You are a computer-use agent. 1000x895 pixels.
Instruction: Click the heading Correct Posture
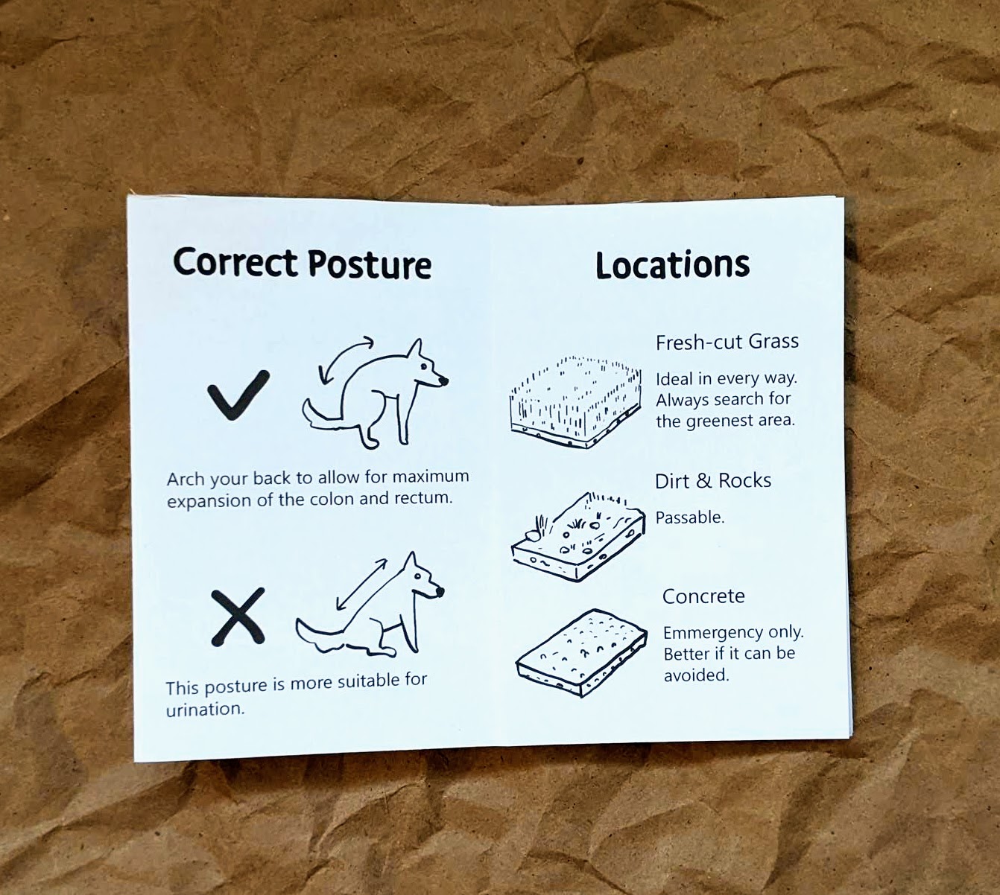(x=302, y=264)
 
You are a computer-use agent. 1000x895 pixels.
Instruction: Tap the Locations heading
(x=672, y=265)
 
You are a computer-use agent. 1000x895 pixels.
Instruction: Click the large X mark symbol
(x=238, y=617)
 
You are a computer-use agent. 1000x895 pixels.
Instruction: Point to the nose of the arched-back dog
(x=443, y=380)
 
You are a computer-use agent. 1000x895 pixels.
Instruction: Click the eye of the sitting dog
(x=418, y=576)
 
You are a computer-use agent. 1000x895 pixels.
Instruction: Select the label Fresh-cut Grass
(x=727, y=342)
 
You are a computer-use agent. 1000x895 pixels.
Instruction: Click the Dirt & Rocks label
(x=713, y=480)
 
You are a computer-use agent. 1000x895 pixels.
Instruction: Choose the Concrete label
(x=703, y=596)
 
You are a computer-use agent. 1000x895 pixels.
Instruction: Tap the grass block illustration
(x=575, y=403)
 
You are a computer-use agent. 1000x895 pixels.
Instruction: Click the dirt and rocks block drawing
(x=578, y=537)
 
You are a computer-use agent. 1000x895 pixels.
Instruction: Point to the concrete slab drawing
(x=581, y=653)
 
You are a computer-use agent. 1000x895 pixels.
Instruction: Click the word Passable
(x=690, y=517)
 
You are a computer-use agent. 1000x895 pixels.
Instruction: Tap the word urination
(x=205, y=710)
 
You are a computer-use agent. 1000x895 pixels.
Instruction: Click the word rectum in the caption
(x=423, y=498)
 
